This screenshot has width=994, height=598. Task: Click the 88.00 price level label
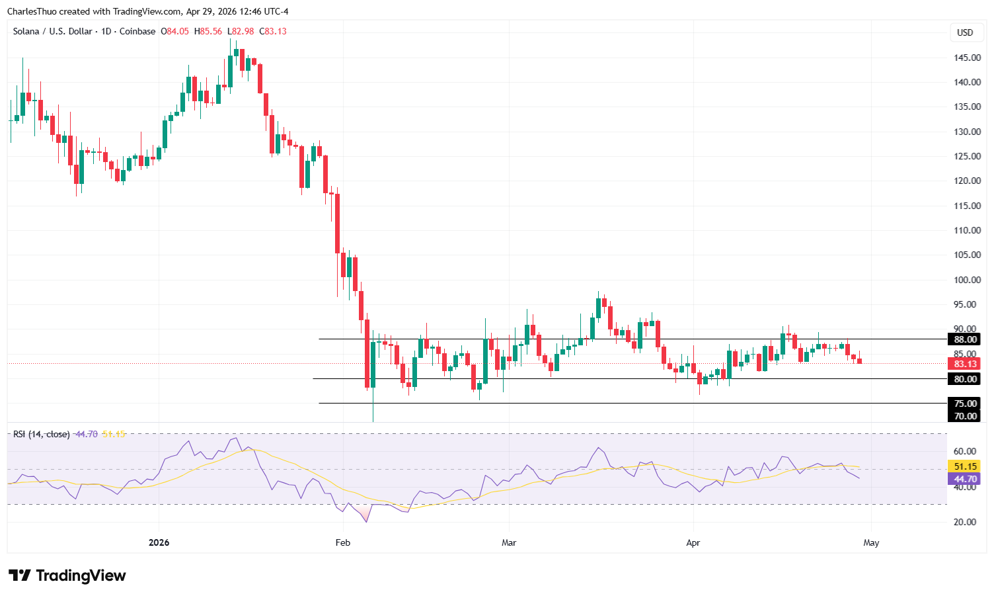coord(966,339)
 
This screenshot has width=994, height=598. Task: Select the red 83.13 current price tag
coord(965,364)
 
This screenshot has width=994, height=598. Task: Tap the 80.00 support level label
coord(966,379)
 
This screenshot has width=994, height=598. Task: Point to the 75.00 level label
coord(966,404)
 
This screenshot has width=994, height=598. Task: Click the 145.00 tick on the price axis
coord(966,58)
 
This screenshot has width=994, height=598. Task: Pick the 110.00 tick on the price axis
coord(966,230)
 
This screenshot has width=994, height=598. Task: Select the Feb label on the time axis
coord(342,542)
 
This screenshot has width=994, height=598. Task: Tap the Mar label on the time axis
coord(508,542)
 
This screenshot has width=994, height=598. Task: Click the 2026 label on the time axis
coord(159,542)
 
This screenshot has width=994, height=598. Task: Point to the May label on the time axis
coord(871,542)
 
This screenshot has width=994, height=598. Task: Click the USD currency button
coord(965,32)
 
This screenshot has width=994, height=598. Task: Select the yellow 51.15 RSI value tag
coord(966,466)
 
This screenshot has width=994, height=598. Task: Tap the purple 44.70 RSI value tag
coord(965,479)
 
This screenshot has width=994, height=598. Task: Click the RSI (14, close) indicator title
coord(41,434)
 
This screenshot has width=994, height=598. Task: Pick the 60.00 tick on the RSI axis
coord(966,451)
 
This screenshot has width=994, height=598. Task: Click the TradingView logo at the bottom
coord(67,576)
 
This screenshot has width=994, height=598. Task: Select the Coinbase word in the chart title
coord(137,31)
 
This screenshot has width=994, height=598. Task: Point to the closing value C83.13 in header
coord(273,31)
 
